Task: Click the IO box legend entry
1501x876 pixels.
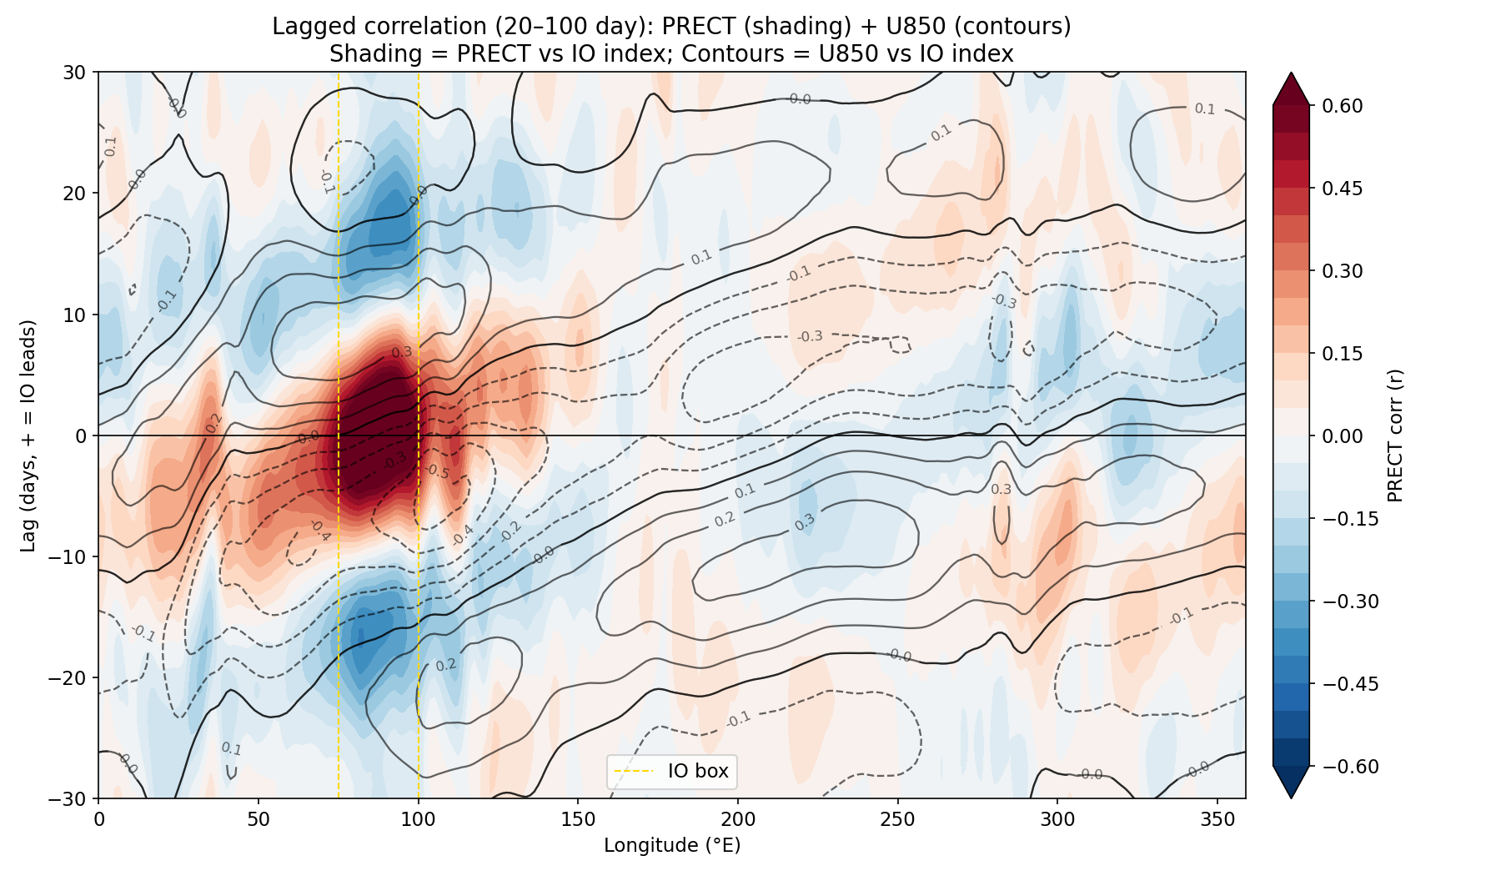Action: pos(672,771)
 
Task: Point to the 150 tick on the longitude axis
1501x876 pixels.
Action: pos(578,799)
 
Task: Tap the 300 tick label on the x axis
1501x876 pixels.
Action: pos(1057,819)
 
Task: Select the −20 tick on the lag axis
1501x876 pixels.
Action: pos(98,677)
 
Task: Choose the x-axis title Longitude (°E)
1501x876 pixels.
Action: pos(672,845)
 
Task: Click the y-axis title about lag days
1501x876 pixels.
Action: pos(28,435)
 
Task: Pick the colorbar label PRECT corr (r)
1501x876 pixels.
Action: pos(1395,435)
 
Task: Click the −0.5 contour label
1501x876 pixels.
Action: pos(436,472)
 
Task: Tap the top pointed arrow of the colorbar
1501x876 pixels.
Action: pos(1291,88)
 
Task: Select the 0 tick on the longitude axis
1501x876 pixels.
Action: pos(98,799)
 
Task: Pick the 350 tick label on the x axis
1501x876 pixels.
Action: pos(1217,819)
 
